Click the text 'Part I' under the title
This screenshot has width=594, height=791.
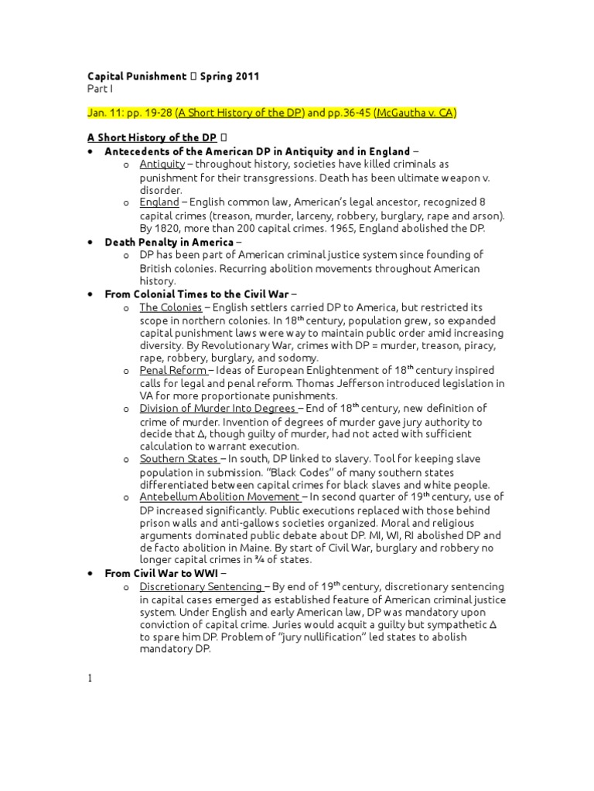[99, 89]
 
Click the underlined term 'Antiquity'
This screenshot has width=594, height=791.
[162, 165]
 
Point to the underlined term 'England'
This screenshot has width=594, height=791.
[159, 202]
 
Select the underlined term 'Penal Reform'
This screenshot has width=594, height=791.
[173, 371]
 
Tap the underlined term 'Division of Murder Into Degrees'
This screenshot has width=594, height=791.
[218, 409]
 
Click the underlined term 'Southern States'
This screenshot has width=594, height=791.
[179, 459]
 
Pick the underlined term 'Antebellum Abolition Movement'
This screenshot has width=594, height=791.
[220, 497]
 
